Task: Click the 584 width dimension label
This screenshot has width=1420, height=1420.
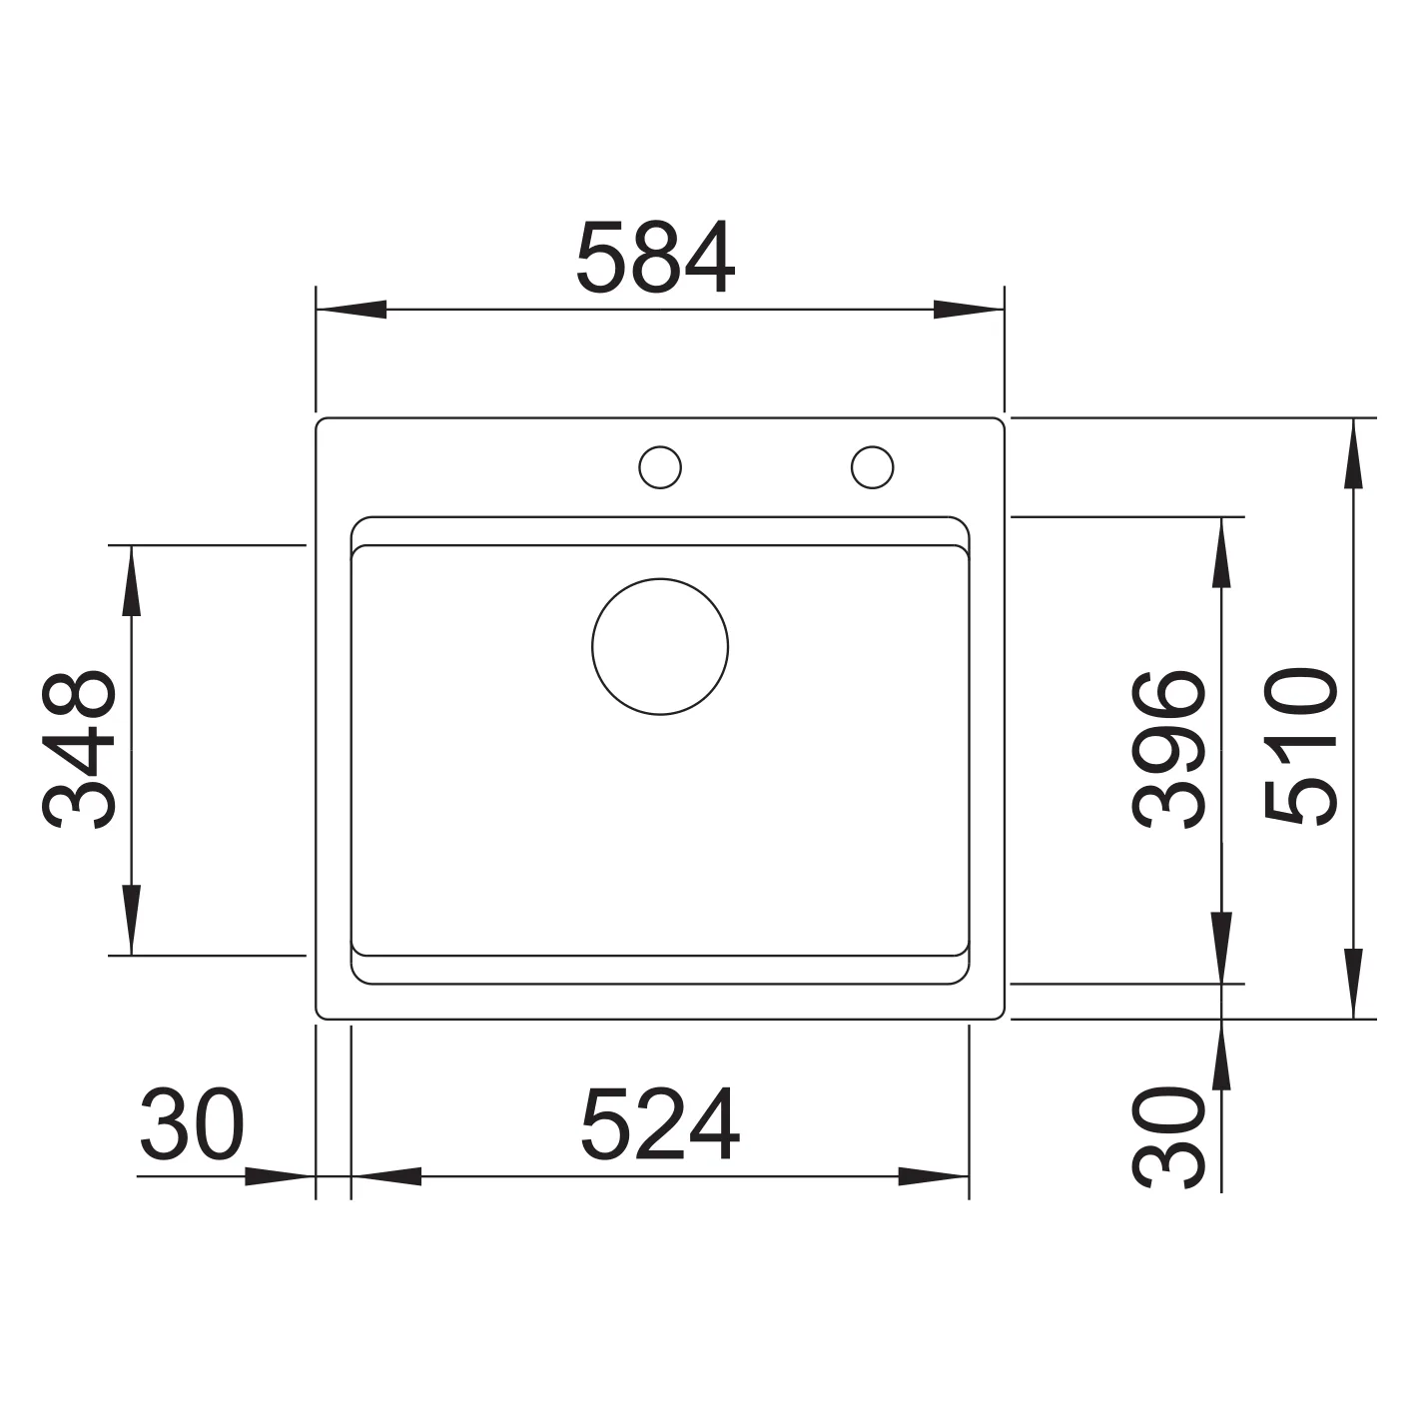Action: coord(655,257)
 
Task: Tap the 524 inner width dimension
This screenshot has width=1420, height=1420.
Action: coord(659,1124)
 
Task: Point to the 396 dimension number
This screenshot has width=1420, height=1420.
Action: coord(1168,749)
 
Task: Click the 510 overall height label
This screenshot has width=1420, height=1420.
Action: coord(1300,746)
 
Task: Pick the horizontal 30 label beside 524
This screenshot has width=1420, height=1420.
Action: coord(192,1124)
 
